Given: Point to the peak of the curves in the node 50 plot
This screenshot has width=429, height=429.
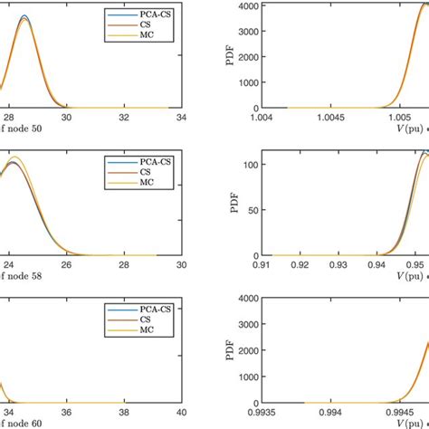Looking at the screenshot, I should (x=24, y=17).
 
